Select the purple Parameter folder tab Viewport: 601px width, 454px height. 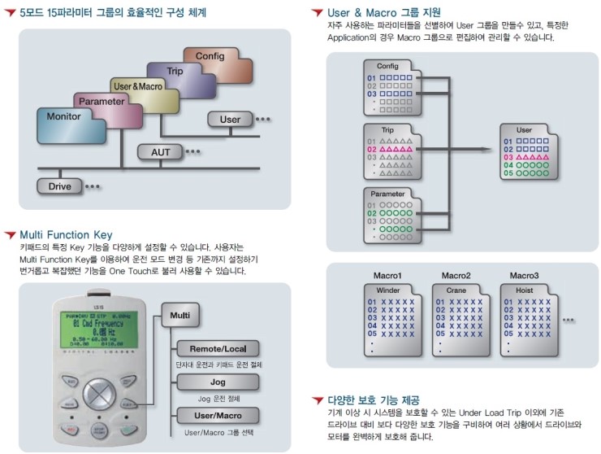pos(103,102)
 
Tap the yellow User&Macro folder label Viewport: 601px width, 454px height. pos(138,85)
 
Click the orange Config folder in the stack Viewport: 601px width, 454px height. pos(204,56)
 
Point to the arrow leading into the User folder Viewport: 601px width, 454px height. pos(483,149)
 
